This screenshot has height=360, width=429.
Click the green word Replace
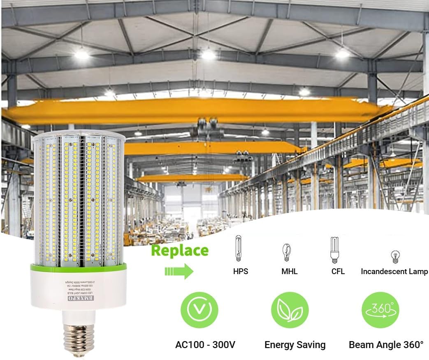pos(180,250)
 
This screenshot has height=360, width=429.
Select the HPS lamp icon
pos(238,248)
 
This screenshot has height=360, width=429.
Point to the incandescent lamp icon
pos(394,256)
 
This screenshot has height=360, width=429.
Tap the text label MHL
pos(289,272)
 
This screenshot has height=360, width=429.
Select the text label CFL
pos(338,272)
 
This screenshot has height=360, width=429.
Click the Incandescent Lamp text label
pos(394,272)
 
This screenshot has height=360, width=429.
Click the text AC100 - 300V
pos(206,344)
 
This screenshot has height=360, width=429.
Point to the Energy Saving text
pos(295,344)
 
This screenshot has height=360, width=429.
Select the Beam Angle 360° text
pos(386,344)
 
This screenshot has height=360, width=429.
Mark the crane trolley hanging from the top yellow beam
pos(208,125)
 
